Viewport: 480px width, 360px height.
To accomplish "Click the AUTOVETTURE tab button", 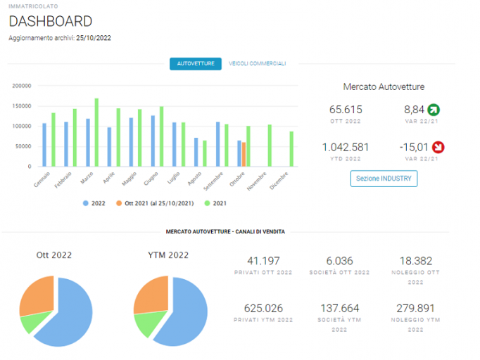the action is (196, 63).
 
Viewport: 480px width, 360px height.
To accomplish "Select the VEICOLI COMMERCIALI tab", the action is (257, 63).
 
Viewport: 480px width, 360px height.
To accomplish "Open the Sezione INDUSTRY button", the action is (384, 179).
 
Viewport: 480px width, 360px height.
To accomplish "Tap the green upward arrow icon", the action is (434, 110).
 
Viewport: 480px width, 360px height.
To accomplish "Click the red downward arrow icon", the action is (438, 147).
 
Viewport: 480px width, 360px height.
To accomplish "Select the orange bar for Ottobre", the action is (244, 155).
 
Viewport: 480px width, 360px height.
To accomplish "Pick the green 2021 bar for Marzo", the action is (96, 132).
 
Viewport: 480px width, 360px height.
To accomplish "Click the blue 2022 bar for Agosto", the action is (196, 153).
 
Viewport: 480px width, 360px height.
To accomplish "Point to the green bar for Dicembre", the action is (291, 149).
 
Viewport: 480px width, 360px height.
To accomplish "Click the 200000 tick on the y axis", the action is (22, 86).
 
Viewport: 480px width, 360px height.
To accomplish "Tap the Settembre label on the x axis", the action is (214, 181).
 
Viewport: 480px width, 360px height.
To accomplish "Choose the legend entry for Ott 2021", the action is (155, 203).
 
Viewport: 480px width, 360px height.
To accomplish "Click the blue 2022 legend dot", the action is (86, 203).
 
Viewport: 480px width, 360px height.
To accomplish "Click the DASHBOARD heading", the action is (51, 21).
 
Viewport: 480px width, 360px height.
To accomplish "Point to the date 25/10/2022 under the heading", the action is (94, 38).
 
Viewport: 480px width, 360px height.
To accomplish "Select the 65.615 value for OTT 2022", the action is (346, 110).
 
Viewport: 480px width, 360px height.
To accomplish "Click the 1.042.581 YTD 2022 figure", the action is (346, 147).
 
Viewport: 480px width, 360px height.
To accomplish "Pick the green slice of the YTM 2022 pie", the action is (149, 323).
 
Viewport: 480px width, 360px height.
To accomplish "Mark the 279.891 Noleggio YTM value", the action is (415, 308).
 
